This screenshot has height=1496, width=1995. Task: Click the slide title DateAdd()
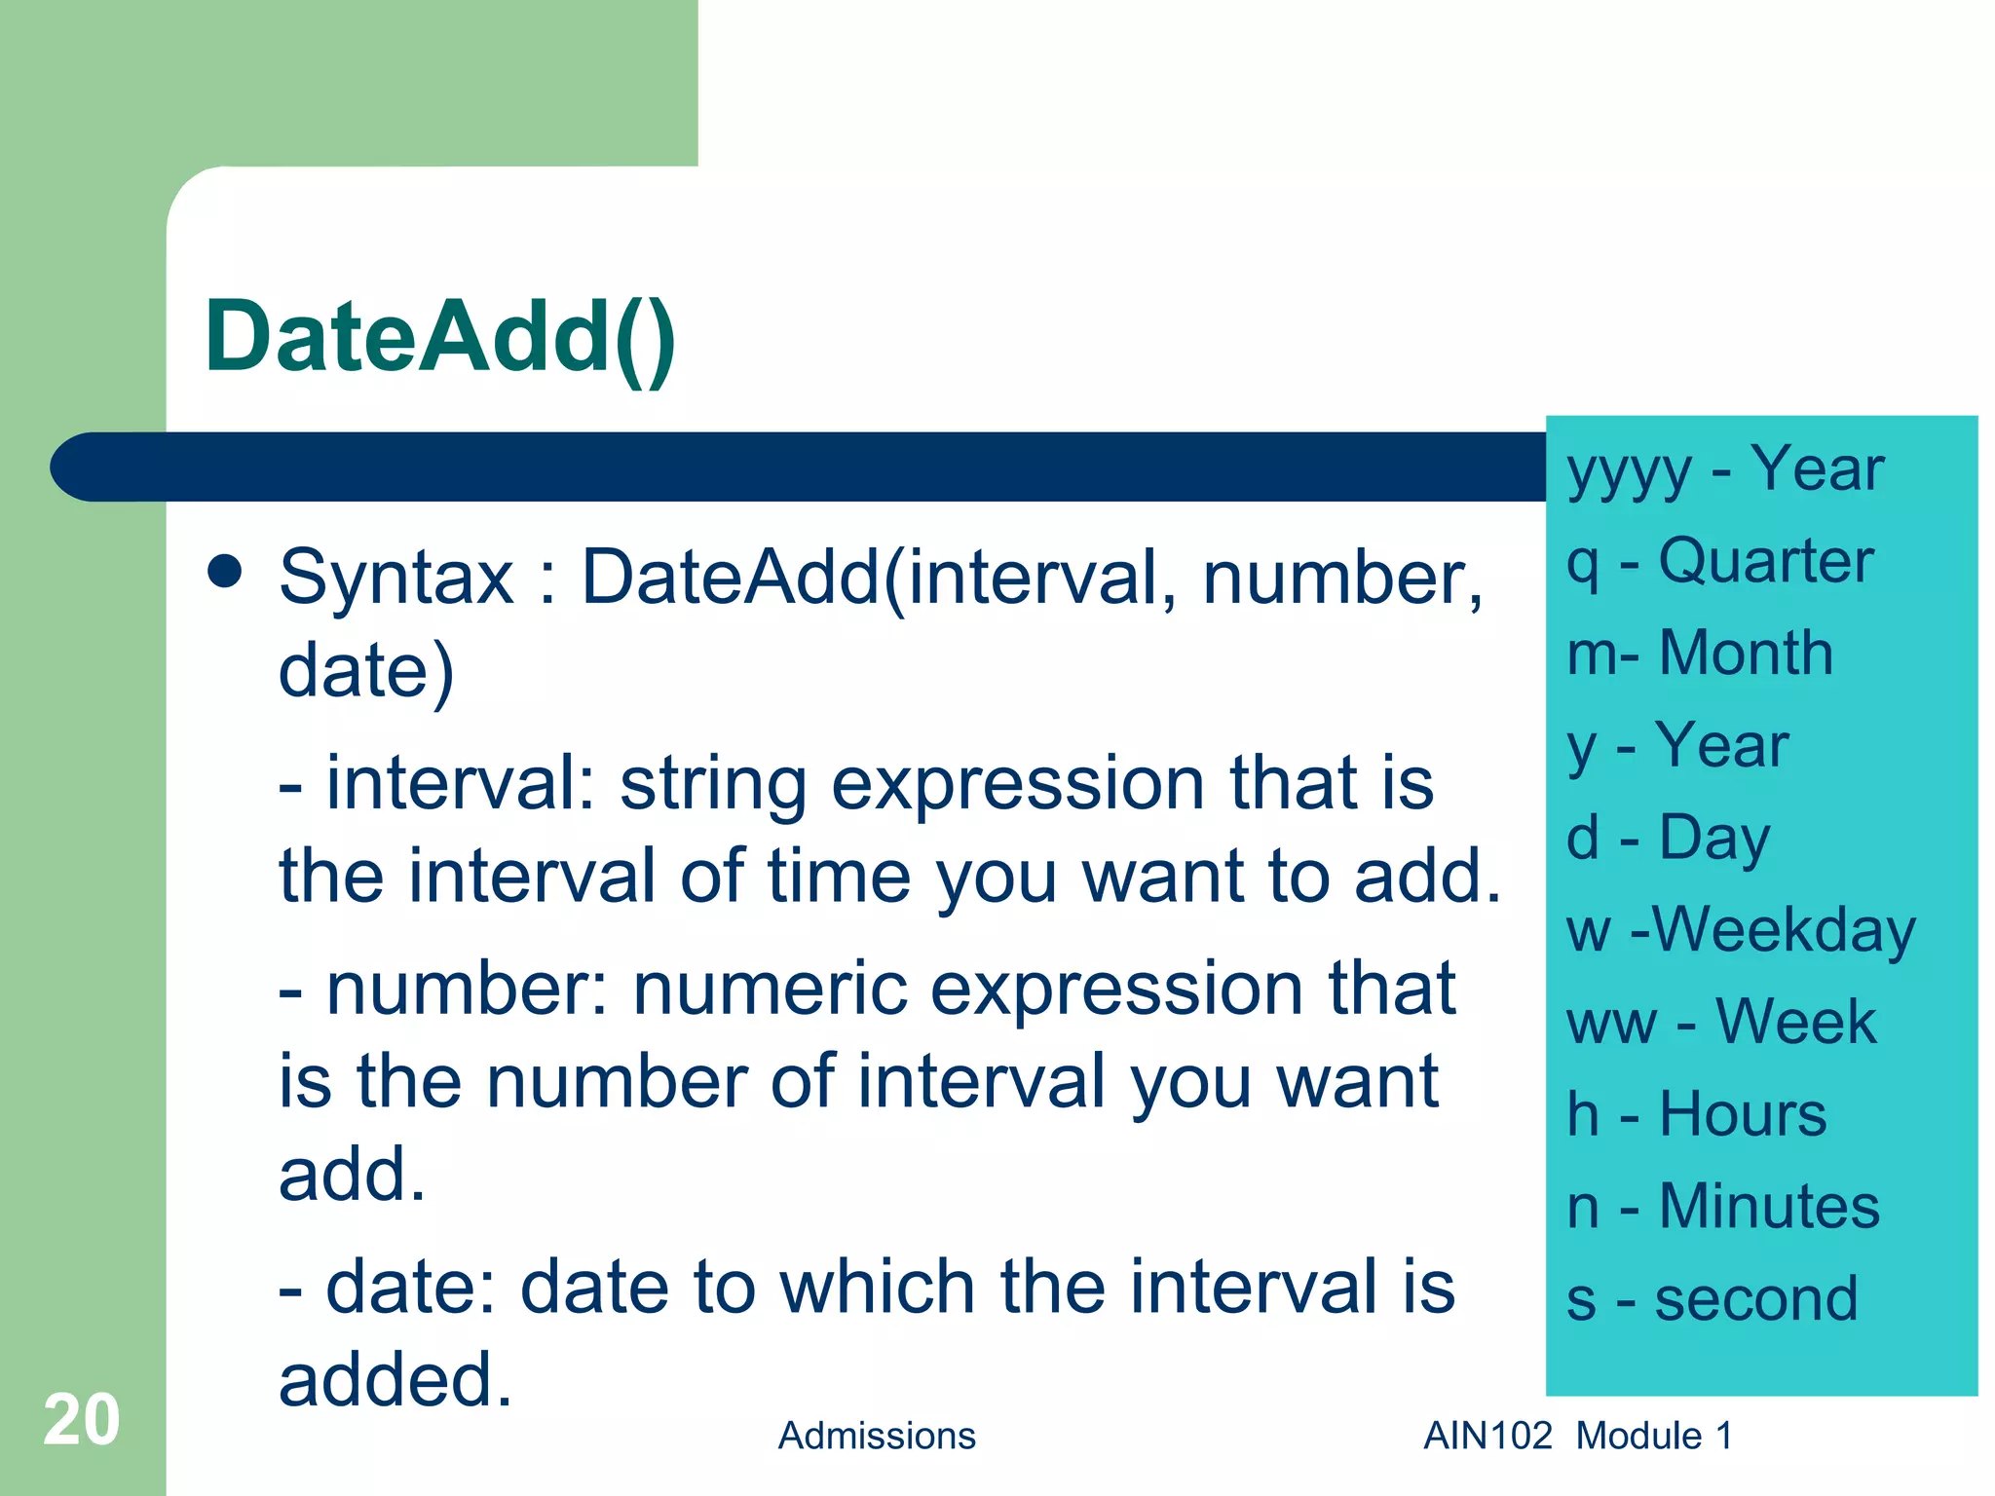(439, 337)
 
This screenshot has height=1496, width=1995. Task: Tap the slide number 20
(81, 1420)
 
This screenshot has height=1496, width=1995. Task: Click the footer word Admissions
(876, 1436)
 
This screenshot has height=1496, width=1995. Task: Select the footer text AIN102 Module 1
(1577, 1436)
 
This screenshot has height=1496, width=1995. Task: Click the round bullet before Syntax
(225, 572)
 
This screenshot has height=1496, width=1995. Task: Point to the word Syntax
(395, 578)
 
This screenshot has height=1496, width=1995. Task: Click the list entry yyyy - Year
(1724, 470)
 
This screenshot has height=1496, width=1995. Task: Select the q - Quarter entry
(1719, 562)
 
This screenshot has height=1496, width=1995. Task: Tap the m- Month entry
(1700, 653)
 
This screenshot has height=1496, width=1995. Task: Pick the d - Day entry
(1668, 838)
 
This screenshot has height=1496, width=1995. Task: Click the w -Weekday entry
(1741, 930)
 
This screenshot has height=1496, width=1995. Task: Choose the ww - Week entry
(1720, 1022)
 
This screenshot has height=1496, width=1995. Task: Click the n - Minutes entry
(1722, 1206)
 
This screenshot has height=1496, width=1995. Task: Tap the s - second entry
(1712, 1298)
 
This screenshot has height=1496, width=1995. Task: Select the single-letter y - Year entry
(1677, 746)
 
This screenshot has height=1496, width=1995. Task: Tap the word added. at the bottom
(395, 1380)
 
